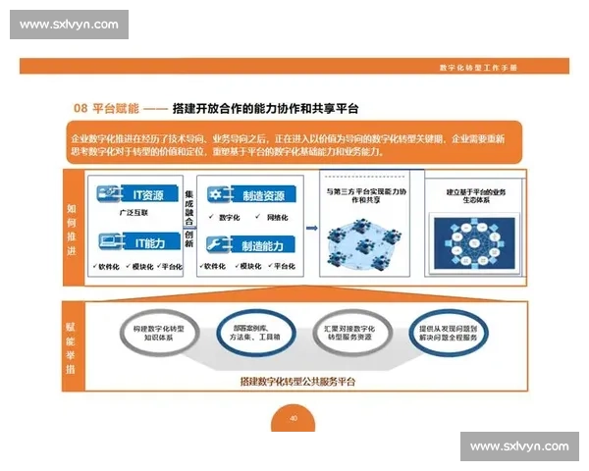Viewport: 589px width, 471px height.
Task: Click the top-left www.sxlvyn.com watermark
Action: tap(70, 25)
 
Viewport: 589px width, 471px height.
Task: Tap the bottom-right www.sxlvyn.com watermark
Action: tap(518, 446)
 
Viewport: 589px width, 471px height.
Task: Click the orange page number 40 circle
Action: tap(293, 417)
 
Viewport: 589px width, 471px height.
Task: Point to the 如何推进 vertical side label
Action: tap(72, 227)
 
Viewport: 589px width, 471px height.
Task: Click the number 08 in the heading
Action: tap(81, 107)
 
